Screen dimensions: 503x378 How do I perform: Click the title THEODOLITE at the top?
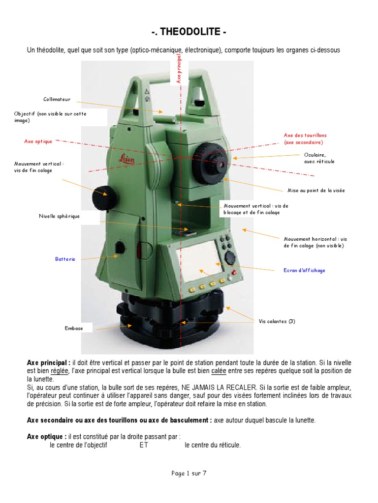coord(189,32)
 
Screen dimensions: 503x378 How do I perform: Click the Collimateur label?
coord(57,99)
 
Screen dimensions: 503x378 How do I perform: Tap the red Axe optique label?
coord(38,141)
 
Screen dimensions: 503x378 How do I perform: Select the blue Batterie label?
coord(65,259)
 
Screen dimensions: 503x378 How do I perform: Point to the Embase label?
coord(74,328)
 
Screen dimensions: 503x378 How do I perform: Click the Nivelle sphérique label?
coord(59,216)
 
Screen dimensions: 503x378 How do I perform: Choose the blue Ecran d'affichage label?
coord(304,271)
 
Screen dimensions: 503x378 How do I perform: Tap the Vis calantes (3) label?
coord(277,321)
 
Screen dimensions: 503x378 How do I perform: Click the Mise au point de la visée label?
coord(316,191)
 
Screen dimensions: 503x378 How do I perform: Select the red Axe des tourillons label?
coord(305,135)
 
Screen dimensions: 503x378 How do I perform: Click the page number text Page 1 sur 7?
coord(189,474)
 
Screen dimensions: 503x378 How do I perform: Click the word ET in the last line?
coord(137,446)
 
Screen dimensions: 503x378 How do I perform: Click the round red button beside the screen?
coord(234,273)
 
